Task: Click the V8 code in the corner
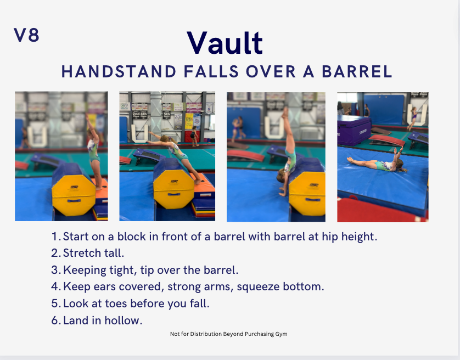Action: click(x=26, y=35)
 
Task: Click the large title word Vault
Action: click(x=225, y=43)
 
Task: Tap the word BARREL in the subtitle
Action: click(x=357, y=71)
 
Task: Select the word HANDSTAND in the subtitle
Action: click(x=119, y=71)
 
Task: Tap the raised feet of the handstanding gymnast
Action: click(x=284, y=113)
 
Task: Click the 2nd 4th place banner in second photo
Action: click(x=139, y=115)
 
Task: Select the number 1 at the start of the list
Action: click(x=55, y=237)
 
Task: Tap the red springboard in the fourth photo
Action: click(x=387, y=140)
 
